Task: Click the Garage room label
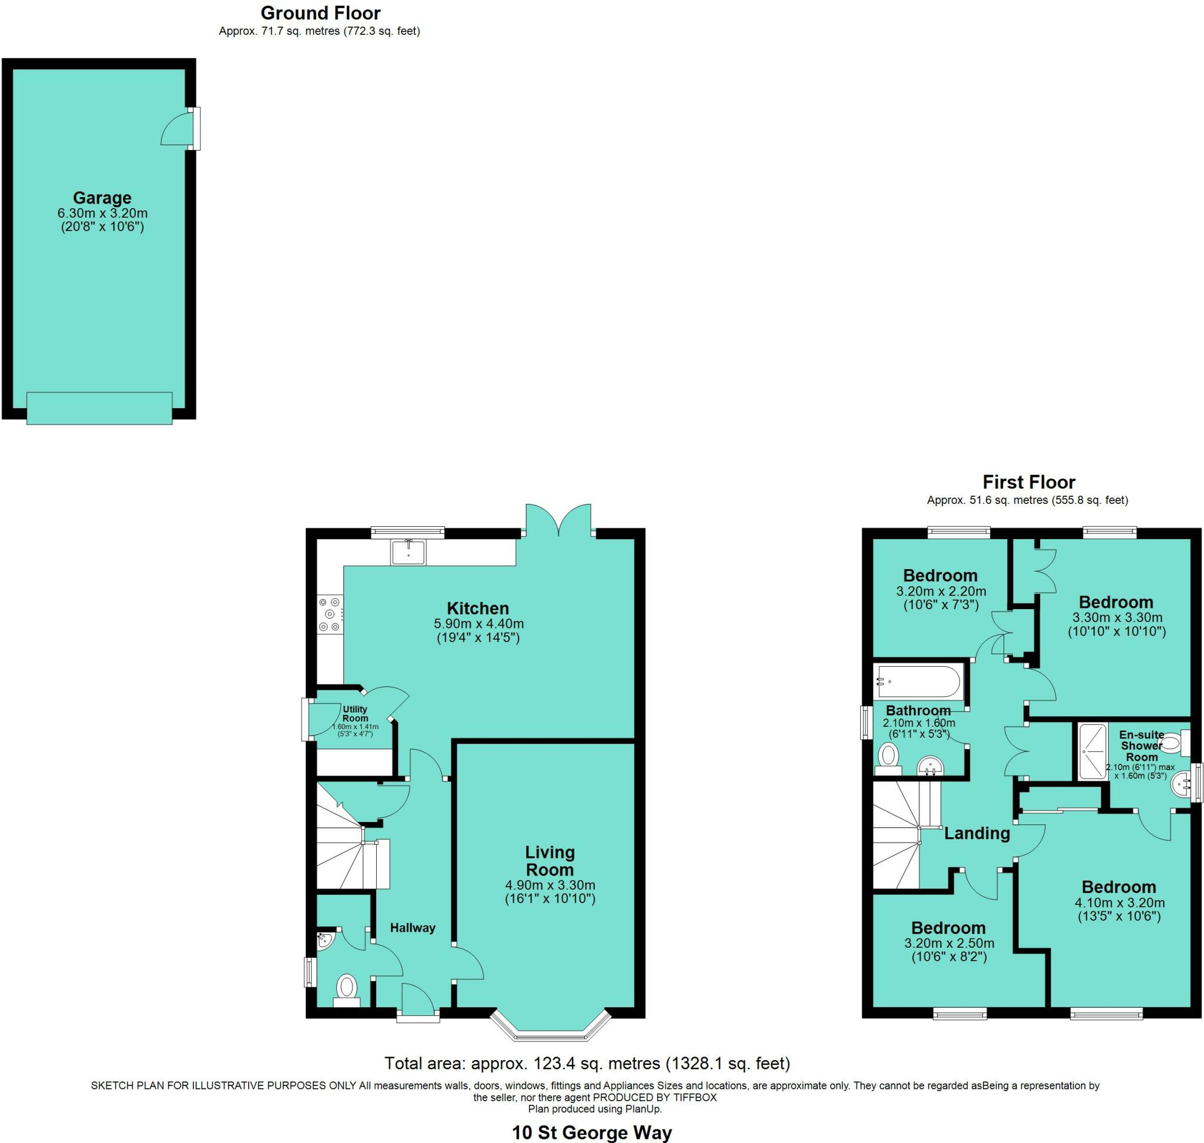[102, 198]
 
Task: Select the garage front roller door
[99, 407]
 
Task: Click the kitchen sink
[409, 552]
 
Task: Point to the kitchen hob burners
[330, 614]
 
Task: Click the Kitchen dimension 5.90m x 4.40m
[479, 624]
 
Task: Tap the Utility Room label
[354, 713]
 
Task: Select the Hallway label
[413, 927]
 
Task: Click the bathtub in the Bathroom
[918, 682]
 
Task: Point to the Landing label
[976, 833]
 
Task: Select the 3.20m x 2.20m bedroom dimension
[941, 591]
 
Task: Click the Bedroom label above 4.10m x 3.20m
[1119, 887]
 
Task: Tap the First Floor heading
[1029, 482]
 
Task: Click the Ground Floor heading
[320, 13]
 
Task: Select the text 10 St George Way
[591, 1132]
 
